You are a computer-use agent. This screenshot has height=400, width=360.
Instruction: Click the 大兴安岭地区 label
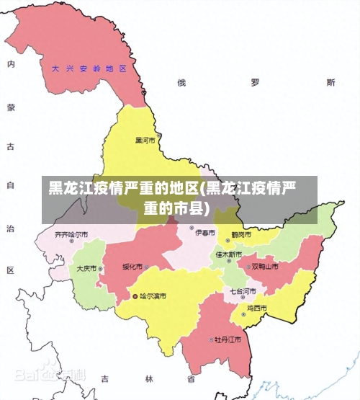pyautogui.click(x=89, y=69)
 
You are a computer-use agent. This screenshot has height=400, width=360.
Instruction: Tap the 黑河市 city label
pyautogui.click(x=145, y=140)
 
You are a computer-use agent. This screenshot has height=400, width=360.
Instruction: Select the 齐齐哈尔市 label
pyautogui.click(x=71, y=234)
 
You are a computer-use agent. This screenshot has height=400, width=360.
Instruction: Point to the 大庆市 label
pyautogui.click(x=86, y=268)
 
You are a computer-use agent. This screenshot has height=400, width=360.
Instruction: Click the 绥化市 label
pyautogui.click(x=132, y=266)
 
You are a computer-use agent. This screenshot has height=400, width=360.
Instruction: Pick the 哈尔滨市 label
pyautogui.click(x=153, y=295)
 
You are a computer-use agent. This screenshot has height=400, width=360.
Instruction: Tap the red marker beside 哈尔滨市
pyautogui.click(x=135, y=295)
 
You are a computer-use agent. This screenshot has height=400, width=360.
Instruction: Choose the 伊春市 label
pyautogui.click(x=205, y=233)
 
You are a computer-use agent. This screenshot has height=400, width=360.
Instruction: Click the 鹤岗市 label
pyautogui.click(x=241, y=234)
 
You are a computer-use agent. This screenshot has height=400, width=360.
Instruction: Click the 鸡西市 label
pyautogui.click(x=257, y=308)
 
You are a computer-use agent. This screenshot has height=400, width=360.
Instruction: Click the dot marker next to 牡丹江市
pyautogui.click(x=210, y=339)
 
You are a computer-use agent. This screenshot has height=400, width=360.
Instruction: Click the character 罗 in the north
pyautogui.click(x=255, y=82)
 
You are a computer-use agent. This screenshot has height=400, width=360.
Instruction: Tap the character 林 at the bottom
pyautogui.click(x=150, y=378)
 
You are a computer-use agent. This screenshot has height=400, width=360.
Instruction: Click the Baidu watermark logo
pyautogui.click(x=49, y=375)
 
